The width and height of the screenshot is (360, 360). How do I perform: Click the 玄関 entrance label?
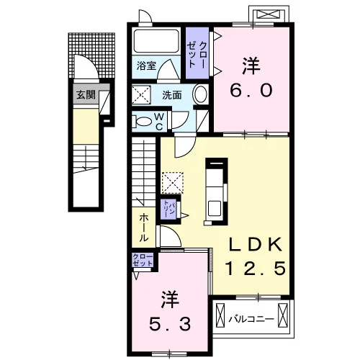click(86, 95)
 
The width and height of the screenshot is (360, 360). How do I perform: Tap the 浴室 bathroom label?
click(146, 66)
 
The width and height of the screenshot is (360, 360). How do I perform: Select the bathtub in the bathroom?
click(156, 41)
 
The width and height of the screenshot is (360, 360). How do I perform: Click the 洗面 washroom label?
click(171, 95)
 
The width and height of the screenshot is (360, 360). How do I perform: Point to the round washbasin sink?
click(200, 94)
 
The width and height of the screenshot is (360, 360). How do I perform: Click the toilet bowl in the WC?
click(142, 122)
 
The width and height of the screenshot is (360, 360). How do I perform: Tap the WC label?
click(159, 122)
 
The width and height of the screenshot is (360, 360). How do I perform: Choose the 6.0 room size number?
click(251, 91)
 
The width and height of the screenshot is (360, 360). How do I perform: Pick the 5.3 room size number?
click(170, 323)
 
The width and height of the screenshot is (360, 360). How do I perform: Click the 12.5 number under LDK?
click(256, 268)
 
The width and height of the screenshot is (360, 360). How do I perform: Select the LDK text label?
click(255, 244)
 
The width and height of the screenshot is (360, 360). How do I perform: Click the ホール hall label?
click(144, 228)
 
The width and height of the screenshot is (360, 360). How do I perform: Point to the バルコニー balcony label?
click(251, 319)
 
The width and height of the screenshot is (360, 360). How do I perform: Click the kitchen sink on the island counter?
click(215, 208)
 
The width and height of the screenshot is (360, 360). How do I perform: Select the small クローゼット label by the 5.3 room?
click(143, 260)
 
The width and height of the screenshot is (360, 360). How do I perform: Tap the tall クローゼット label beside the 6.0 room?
click(197, 55)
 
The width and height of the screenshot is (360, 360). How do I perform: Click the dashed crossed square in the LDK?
click(173, 183)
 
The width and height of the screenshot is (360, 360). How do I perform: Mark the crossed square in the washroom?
click(141, 95)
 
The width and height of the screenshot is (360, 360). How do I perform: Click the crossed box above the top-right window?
click(269, 14)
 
